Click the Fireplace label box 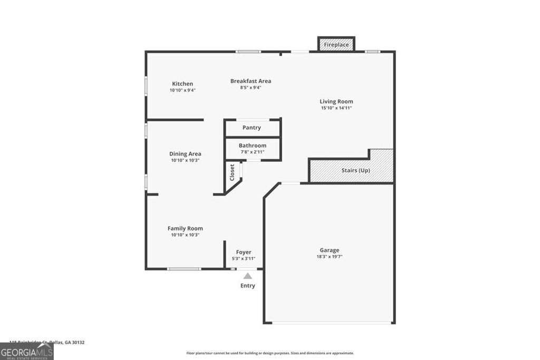336,45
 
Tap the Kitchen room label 182,84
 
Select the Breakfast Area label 250,81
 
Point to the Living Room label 336,101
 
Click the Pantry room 252,128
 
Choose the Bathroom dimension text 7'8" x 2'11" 253,152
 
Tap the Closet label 232,172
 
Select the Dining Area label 185,154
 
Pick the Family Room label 185,228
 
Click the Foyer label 244,252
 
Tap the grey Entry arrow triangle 247,276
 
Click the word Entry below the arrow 247,286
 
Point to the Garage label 330,250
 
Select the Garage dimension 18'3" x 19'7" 330,257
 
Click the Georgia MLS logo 26,352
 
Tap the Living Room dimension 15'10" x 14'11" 336,108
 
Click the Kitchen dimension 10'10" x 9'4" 182,90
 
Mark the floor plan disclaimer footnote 270,353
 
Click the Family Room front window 184,269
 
